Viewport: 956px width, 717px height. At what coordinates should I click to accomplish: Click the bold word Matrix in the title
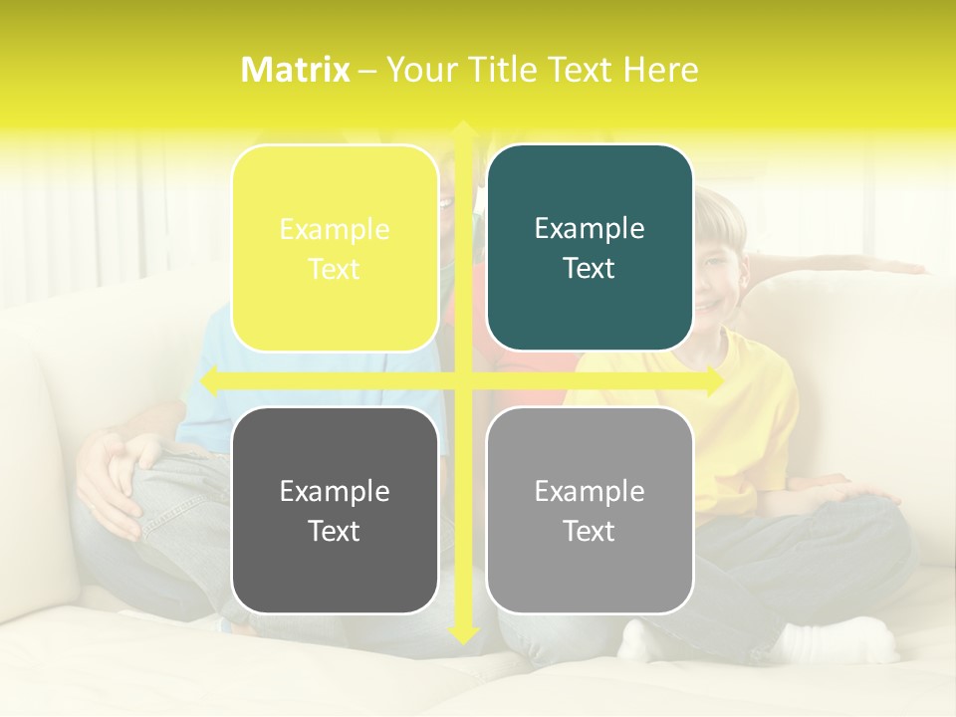pyautogui.click(x=296, y=70)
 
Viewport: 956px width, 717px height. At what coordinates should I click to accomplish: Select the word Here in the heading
pyautogui.click(x=660, y=70)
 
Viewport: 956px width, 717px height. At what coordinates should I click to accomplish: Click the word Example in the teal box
pyautogui.click(x=590, y=228)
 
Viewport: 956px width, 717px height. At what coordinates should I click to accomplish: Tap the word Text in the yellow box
pyautogui.click(x=335, y=269)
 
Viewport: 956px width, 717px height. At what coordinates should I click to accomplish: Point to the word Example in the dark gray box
pyautogui.click(x=335, y=491)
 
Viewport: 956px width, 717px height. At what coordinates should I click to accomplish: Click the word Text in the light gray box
pyautogui.click(x=590, y=531)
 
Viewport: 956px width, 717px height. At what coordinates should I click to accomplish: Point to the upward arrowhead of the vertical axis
pyautogui.click(x=463, y=129)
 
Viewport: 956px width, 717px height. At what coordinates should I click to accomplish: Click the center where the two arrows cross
pyautogui.click(x=463, y=380)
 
